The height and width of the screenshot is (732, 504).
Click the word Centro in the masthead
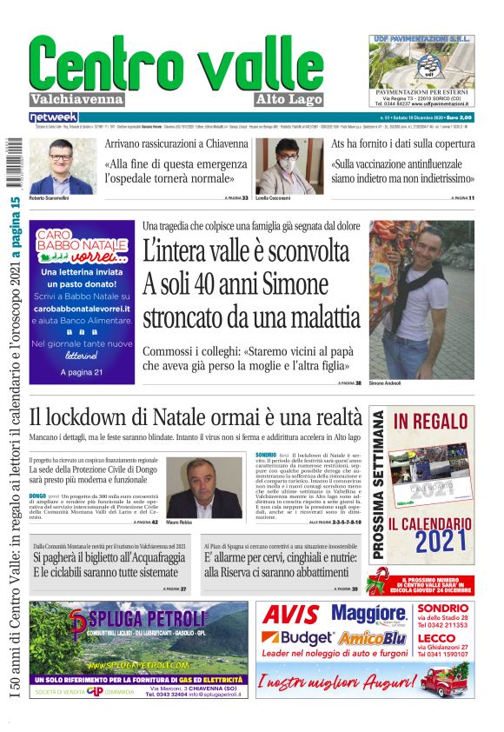coord(103,63)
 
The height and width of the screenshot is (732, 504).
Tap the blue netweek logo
coord(53,116)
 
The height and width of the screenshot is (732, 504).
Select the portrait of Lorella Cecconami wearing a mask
coord(288,166)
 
